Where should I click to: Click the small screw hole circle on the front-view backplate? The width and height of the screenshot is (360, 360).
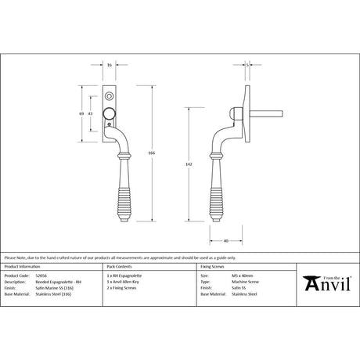pos(110,93)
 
